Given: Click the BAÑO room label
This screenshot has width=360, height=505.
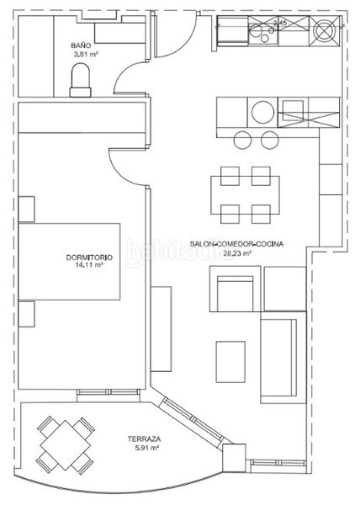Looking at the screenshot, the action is [x=81, y=45].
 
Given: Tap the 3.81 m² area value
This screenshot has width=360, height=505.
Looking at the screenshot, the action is [x=86, y=54].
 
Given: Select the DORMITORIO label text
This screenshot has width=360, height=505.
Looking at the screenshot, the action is [x=89, y=258].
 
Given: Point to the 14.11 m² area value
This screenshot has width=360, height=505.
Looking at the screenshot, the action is [x=89, y=265].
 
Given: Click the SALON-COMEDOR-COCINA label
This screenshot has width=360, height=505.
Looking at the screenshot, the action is [x=236, y=244].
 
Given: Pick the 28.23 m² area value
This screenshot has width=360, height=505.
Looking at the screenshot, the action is [x=237, y=253].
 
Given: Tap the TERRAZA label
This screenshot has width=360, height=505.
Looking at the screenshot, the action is [x=144, y=439].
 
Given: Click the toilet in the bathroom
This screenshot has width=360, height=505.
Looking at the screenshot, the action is [x=81, y=80].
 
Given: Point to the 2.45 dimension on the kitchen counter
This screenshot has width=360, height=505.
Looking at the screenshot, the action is [x=279, y=24].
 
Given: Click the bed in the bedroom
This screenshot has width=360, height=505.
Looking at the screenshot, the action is [x=69, y=262].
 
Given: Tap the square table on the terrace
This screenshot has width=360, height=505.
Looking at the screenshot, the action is [x=66, y=444].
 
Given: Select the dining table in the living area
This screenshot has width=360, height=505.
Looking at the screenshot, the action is [x=245, y=195].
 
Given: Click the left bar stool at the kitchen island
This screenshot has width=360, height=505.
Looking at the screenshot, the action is [x=242, y=140].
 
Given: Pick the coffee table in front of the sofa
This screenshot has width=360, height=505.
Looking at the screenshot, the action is [x=230, y=362].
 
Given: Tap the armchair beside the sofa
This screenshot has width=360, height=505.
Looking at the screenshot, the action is [x=236, y=289].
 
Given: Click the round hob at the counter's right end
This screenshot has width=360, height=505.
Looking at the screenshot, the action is [x=325, y=31].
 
